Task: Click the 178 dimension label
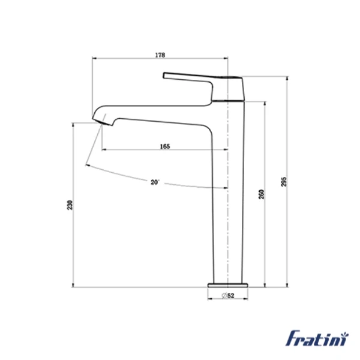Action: pos(160,55)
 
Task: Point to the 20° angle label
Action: pos(155,181)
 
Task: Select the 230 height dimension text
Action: pos(70,205)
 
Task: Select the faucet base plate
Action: pos(228,284)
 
